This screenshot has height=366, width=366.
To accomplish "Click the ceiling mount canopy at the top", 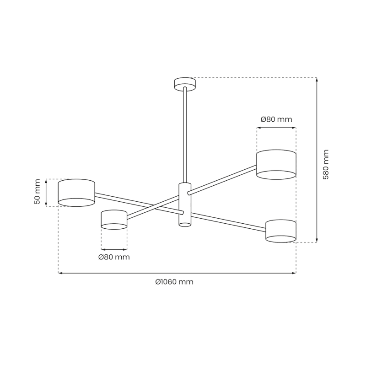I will [185, 83].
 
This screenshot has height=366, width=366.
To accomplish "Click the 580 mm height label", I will [326, 164].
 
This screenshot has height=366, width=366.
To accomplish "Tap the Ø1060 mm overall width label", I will [174, 282].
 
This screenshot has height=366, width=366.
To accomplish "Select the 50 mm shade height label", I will [38, 192].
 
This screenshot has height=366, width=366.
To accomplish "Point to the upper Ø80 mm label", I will [276, 119].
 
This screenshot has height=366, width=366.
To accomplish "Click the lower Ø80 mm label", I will [114, 257].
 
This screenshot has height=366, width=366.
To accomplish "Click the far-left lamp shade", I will [76, 193].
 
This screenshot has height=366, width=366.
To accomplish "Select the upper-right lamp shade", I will [276, 164].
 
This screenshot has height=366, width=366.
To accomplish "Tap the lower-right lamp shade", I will [280, 231].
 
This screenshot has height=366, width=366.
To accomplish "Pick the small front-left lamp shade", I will [114, 220].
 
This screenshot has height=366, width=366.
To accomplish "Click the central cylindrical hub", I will [184, 204].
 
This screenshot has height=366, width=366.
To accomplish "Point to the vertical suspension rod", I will [185, 135].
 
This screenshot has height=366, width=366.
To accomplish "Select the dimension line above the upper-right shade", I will [276, 129].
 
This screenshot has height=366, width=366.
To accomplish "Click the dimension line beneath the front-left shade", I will [114, 249].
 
